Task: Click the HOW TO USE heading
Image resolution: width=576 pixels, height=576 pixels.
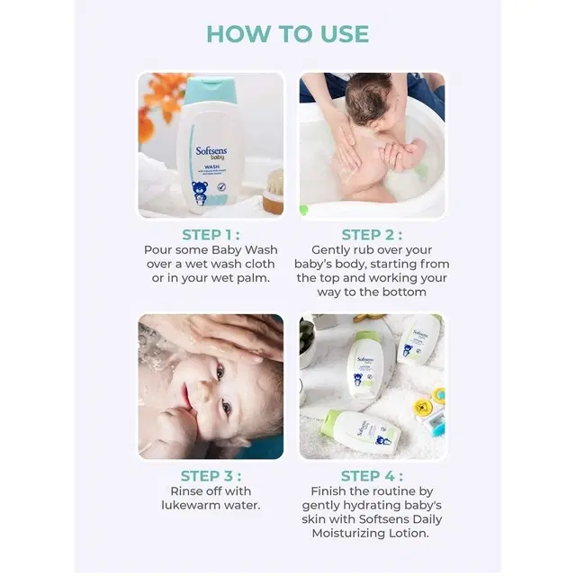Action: tap(287, 34)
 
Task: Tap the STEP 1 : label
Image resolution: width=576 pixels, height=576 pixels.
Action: tap(211, 235)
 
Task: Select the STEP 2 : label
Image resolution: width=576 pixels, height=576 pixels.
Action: tap(372, 235)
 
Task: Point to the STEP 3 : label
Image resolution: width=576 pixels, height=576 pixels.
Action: tap(211, 476)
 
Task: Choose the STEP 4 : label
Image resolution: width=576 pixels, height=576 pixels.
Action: tap(372, 476)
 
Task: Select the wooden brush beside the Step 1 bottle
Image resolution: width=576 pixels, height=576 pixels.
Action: tap(274, 191)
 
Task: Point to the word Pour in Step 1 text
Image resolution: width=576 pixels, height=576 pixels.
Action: tap(160, 249)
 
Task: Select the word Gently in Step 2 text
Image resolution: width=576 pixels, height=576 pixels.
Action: tap(333, 249)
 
